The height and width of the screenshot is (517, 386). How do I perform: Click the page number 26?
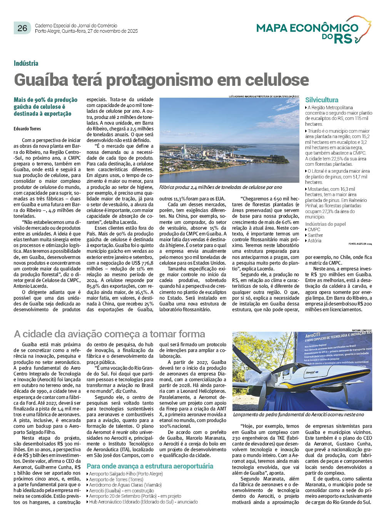click(22, 28)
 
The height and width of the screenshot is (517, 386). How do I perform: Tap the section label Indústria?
click(26, 63)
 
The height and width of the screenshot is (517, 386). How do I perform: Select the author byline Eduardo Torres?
click(27, 128)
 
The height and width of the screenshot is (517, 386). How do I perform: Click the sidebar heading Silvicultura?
click(322, 100)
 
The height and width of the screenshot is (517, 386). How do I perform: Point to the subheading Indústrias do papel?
click(326, 224)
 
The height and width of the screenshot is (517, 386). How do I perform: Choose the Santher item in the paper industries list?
click(315, 235)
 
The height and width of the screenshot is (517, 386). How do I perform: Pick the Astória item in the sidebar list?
click(314, 241)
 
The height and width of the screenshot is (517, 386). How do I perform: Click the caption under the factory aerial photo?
click(221, 187)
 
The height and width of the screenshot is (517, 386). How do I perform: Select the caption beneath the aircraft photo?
click(298, 415)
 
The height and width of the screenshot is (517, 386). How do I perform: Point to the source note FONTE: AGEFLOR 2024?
click(360, 244)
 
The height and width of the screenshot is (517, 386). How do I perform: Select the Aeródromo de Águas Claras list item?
click(125, 485)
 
